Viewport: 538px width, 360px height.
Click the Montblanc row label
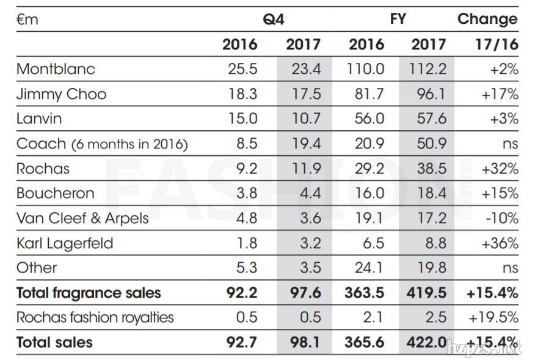point(56,68)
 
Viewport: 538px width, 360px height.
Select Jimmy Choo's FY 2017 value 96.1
point(428,94)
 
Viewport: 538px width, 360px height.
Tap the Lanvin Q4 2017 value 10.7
point(305,119)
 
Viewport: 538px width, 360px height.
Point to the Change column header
point(487,19)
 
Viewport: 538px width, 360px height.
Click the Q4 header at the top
point(273,19)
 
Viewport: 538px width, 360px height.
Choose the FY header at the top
point(398,19)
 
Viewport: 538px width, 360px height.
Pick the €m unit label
point(27,20)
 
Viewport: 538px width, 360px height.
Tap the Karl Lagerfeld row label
point(65,243)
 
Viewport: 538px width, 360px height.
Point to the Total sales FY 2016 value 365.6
point(365,342)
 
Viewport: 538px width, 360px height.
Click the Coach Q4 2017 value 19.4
point(305,144)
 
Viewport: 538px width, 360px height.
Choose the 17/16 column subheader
point(496,45)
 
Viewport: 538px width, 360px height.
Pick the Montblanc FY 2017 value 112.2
point(428,69)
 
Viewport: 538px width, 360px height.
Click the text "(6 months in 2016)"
point(129,145)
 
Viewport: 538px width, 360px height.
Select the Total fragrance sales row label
point(89,293)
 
